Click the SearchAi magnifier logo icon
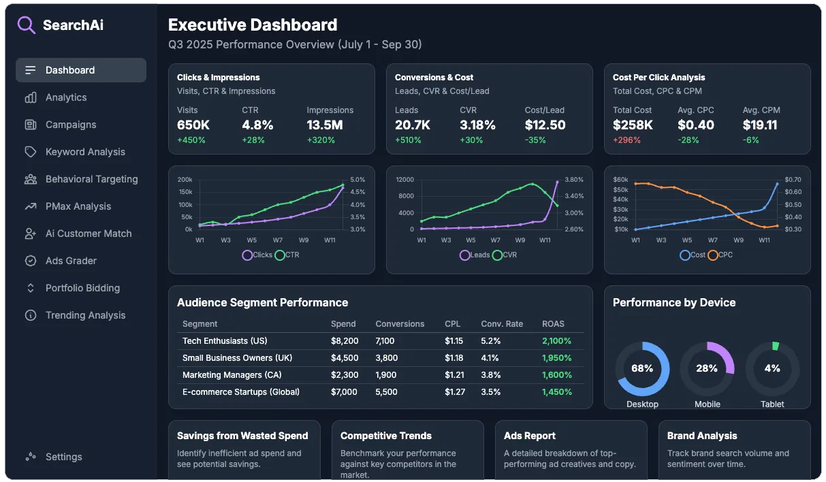point(26,25)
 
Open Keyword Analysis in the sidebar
point(85,152)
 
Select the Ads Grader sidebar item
point(71,261)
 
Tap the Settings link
point(63,457)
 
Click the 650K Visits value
point(193,125)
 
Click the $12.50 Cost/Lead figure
point(545,125)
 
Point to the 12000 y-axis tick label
point(404,180)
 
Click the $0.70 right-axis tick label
point(793,180)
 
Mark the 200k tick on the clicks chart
point(185,180)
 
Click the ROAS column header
point(553,324)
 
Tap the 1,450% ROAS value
point(556,392)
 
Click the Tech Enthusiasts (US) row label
point(225,341)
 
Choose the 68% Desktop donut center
point(642,368)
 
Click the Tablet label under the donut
point(772,404)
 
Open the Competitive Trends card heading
point(386,436)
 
